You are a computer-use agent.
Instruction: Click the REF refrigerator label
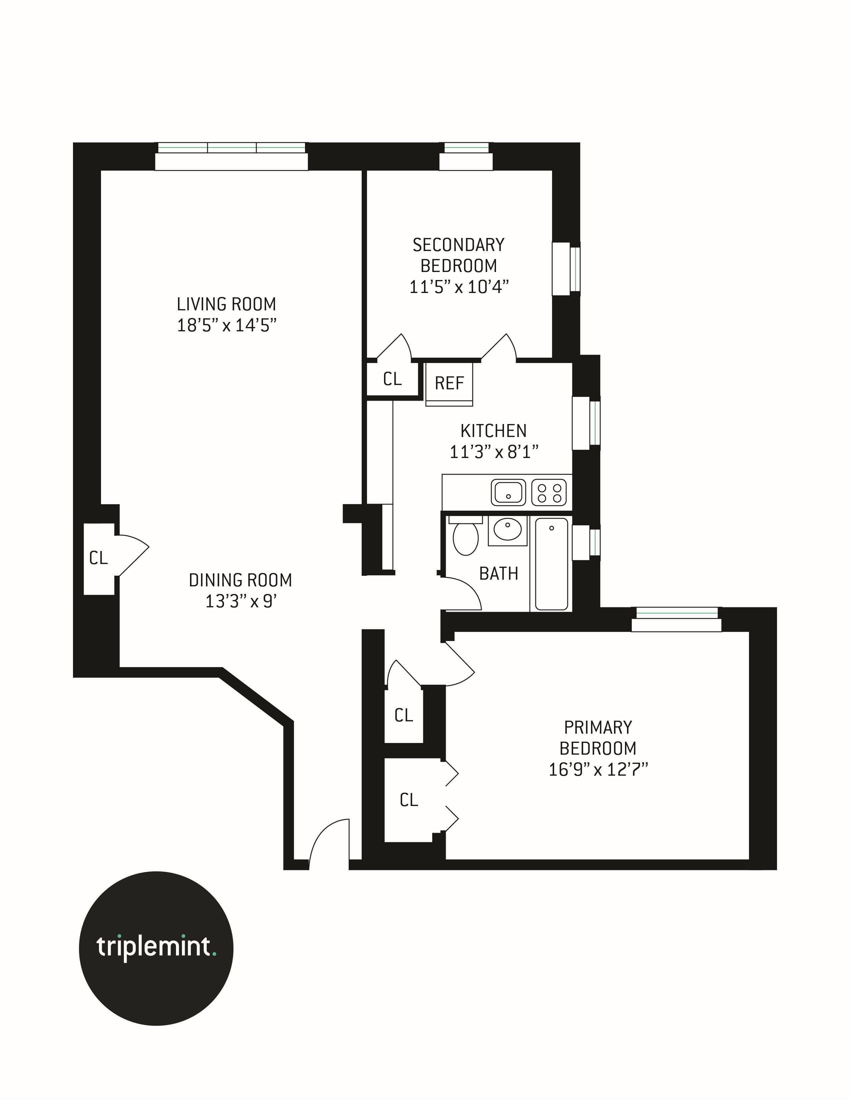pos(449,383)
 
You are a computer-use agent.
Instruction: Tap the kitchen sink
pos(508,492)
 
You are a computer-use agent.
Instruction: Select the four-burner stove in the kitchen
pos(549,492)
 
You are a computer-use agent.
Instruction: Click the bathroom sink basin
pos(507,529)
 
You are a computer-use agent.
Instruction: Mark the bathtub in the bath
pos(551,564)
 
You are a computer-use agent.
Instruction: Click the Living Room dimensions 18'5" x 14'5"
pos(227,325)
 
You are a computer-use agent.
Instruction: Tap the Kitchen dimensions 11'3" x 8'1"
pos(493,452)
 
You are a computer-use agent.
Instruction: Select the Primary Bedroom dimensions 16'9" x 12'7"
pos(598,770)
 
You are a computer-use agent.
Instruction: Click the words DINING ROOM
pos(240,580)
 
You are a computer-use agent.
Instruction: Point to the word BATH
pos(499,574)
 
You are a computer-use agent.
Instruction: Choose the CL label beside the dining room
pos(98,558)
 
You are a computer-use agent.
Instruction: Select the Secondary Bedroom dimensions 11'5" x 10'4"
pos(459,287)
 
